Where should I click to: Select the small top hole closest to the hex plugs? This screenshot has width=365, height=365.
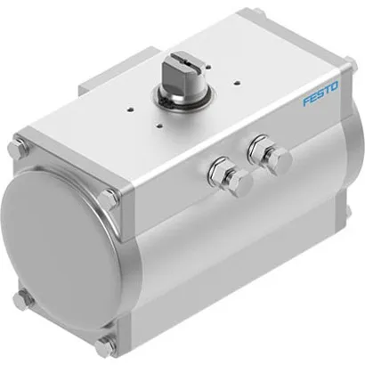click(x=206, y=112)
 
